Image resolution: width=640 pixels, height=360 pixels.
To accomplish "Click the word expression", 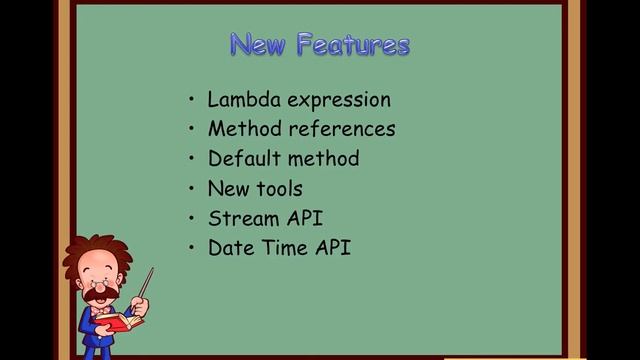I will tap(339, 101).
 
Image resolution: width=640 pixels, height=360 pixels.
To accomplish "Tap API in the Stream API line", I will tap(303, 218).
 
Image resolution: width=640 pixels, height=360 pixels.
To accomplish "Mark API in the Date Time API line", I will tap(332, 247).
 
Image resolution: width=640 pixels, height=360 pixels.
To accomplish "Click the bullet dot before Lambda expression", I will tap(191, 100).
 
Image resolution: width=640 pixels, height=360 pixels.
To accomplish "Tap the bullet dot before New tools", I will tap(191, 189).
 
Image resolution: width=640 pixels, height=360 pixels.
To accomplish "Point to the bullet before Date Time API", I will tap(191, 248).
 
